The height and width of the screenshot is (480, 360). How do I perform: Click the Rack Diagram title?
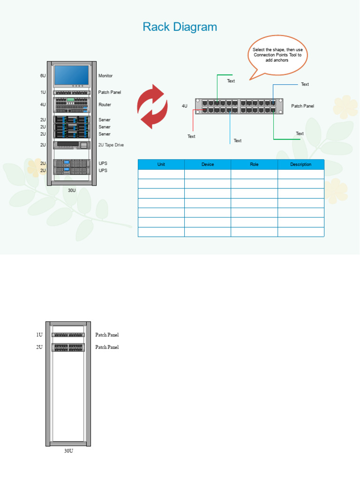180,27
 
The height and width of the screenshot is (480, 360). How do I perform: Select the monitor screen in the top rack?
71,75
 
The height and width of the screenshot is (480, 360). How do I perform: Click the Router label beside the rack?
105,105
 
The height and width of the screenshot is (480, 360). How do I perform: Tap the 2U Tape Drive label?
111,145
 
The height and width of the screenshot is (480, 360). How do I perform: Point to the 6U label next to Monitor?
43,75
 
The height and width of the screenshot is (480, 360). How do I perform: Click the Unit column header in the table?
161,165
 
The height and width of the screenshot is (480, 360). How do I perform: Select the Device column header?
208,165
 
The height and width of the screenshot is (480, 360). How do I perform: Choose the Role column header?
254,165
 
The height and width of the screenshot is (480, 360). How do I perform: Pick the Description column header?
300,165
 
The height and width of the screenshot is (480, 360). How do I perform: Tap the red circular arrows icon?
152,106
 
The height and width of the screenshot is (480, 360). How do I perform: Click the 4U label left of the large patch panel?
185,106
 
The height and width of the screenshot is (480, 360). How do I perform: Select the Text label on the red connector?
191,136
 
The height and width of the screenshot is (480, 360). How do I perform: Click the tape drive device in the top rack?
71,145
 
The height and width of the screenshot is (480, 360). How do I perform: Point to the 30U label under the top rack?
72,190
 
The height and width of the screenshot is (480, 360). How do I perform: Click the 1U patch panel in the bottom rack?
68,335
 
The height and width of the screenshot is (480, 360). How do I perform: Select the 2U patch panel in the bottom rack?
68,347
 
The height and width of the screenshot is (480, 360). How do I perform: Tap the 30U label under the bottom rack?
68,451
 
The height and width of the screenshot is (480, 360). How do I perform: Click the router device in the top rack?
71,105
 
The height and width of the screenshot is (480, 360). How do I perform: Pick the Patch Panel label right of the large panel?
302,106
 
